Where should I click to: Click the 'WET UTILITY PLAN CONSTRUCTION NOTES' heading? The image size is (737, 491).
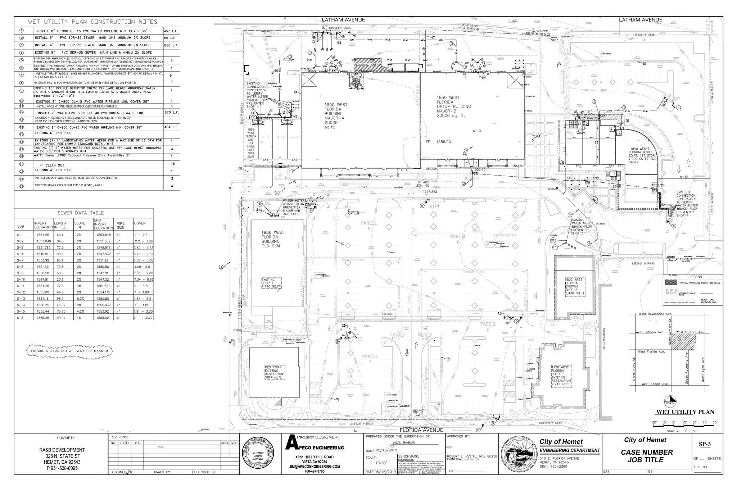click(92, 22)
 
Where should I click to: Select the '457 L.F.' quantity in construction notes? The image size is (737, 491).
click(171, 31)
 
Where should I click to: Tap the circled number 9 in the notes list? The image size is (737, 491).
click(22, 90)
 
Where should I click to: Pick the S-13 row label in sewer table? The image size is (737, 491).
click(20, 298)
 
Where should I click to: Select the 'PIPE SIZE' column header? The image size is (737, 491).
click(121, 226)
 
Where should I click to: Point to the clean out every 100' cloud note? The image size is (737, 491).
click(69, 351)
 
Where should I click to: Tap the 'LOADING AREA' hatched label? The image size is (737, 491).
click(367, 65)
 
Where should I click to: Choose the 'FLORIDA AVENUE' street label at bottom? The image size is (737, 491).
click(421, 430)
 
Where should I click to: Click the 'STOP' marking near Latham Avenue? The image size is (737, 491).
click(554, 40)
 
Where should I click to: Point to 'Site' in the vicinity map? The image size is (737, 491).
click(680, 340)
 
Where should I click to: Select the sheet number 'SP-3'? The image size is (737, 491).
click(704, 444)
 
